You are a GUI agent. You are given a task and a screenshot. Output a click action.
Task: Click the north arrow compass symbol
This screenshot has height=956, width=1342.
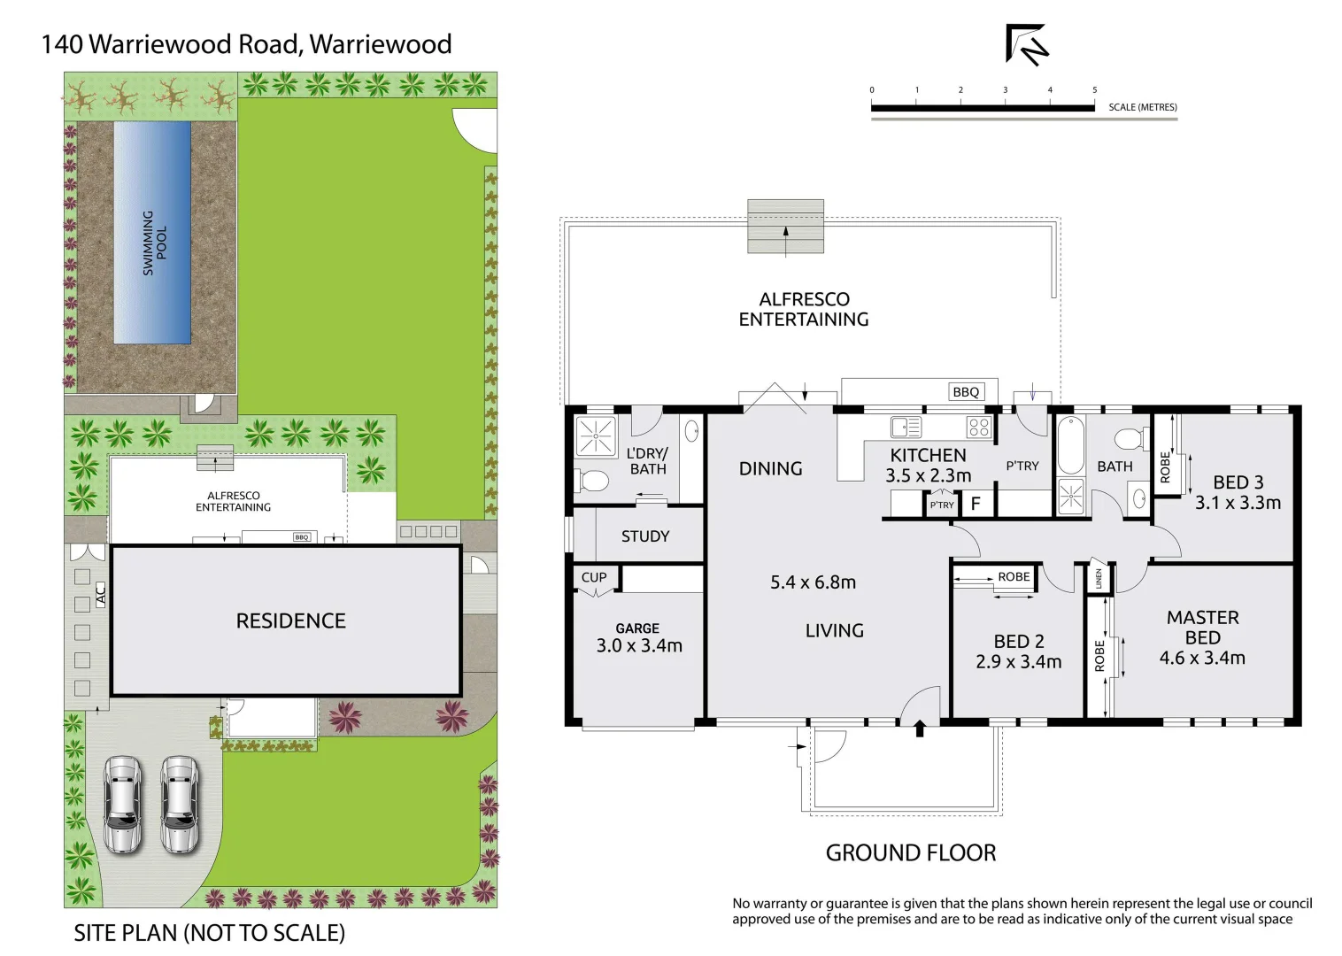(1026, 44)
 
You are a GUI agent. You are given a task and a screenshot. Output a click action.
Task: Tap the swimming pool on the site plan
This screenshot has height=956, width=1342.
(152, 233)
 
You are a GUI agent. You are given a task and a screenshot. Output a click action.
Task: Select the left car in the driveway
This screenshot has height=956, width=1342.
(122, 804)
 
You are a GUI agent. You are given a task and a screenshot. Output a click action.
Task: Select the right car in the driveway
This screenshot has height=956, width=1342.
(180, 804)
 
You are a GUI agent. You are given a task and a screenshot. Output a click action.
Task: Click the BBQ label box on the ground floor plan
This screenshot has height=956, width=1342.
(966, 392)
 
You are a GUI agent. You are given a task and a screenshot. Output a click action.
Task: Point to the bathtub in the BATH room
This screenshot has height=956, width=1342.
(1070, 445)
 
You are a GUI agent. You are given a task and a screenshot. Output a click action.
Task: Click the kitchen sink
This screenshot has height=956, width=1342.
(906, 428)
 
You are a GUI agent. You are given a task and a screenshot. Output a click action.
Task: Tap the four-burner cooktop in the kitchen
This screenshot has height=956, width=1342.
(978, 428)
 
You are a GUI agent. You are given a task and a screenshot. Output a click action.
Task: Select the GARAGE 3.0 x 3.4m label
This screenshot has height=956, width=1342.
(638, 638)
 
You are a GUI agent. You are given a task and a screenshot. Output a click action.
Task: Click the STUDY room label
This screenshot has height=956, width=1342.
(645, 536)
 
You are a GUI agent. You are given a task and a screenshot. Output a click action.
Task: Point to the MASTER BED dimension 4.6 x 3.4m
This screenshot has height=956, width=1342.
(1202, 658)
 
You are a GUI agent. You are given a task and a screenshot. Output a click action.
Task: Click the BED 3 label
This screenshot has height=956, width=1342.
(1238, 482)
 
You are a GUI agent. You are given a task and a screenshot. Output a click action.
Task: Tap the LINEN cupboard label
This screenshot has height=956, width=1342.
(1099, 578)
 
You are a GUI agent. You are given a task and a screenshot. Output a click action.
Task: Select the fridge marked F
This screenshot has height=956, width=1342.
(976, 504)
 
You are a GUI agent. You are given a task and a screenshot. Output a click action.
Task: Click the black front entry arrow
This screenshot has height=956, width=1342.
(920, 729)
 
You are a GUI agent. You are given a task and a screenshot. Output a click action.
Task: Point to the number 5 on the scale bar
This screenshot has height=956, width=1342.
(1094, 90)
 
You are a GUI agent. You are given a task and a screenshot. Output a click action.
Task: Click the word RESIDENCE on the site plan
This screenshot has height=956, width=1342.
(290, 621)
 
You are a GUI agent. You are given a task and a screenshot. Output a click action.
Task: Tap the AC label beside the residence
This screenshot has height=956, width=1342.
(100, 593)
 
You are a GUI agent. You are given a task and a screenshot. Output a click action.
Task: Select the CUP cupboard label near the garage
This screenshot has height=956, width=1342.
(594, 577)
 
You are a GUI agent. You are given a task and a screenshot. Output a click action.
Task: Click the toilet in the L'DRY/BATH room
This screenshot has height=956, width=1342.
(593, 482)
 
